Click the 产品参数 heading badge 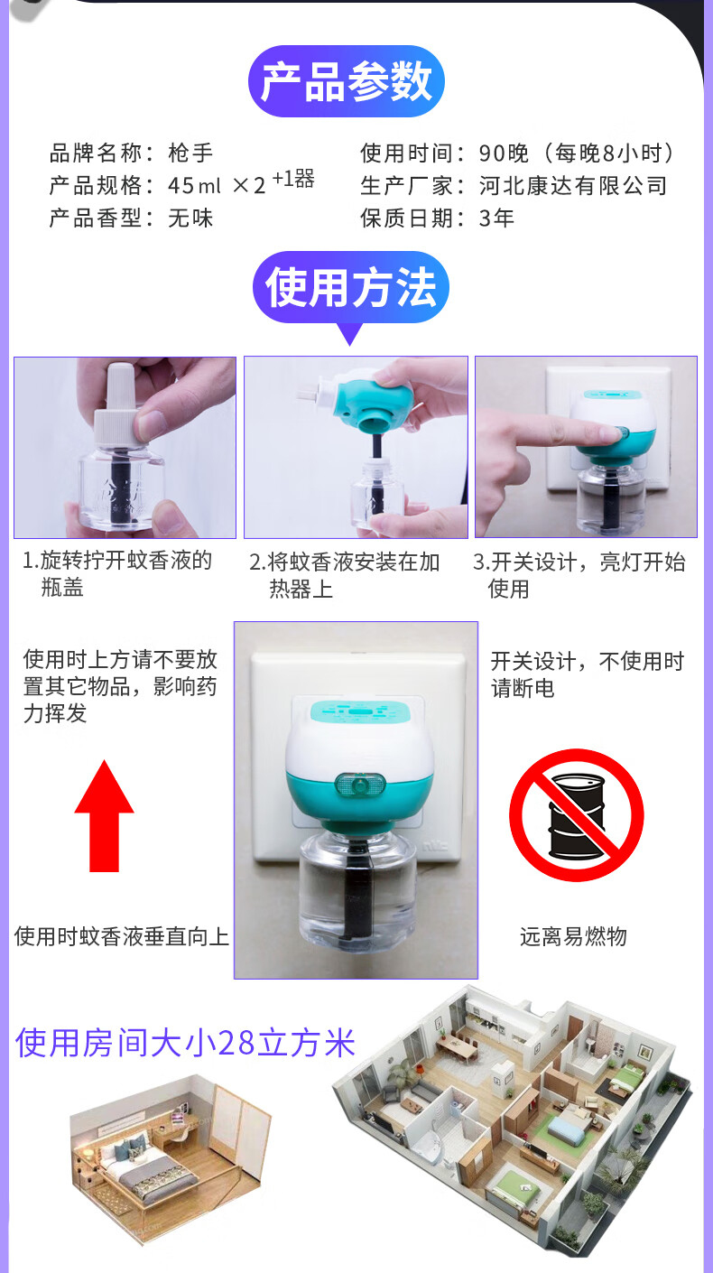346,81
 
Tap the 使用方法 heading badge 350,287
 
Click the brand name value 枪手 190,153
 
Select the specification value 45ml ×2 217,185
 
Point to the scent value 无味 190,218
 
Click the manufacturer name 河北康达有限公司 573,185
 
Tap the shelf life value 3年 496,218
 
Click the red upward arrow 104,815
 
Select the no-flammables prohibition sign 576,815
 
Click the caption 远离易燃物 573,936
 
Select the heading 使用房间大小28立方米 186,1044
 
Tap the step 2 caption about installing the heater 344,575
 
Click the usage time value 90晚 504,153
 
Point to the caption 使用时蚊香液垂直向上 122,936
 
